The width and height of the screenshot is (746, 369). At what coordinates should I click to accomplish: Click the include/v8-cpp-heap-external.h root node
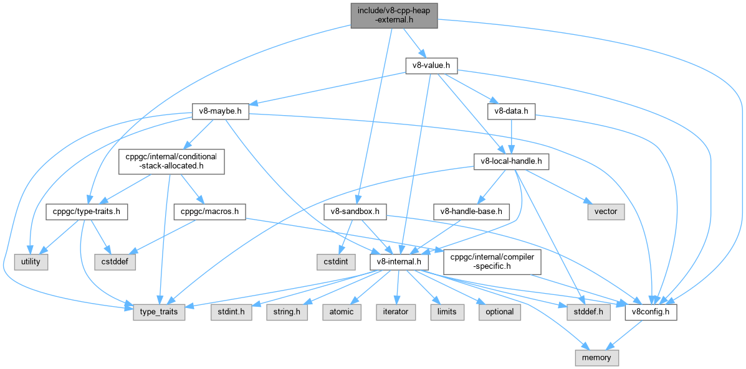point(393,14)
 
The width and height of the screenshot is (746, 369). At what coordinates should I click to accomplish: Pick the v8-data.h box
point(511,112)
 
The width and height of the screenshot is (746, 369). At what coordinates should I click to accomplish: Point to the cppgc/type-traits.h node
point(87,212)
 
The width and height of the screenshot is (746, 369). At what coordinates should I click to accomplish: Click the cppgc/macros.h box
point(210,212)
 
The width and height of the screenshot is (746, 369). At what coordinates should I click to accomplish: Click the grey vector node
point(605,212)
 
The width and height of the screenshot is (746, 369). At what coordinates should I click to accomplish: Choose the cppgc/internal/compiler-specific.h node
point(492,261)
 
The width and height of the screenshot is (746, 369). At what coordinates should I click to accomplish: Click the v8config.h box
point(651,312)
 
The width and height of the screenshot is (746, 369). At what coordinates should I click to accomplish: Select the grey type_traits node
point(159,312)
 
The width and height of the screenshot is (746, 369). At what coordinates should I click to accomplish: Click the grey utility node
point(31,262)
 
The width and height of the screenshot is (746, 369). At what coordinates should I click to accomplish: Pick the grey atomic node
point(341,312)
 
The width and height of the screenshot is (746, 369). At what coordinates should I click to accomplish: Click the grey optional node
point(499,312)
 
